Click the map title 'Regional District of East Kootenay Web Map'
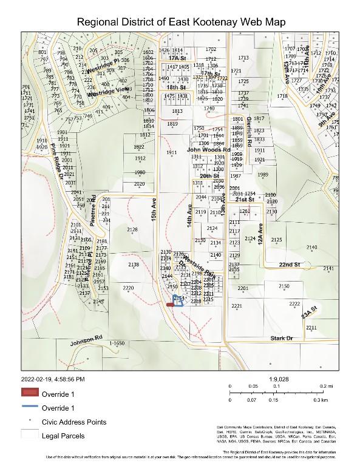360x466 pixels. (180, 22)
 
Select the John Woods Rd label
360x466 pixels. (208, 149)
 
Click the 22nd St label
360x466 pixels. (290, 265)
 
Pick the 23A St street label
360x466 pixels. (310, 312)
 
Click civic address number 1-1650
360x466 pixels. (117, 343)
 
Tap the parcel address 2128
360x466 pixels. (132, 229)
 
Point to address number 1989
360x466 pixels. (262, 175)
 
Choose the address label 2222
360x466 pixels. (294, 303)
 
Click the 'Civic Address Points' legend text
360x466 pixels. (73, 422)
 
